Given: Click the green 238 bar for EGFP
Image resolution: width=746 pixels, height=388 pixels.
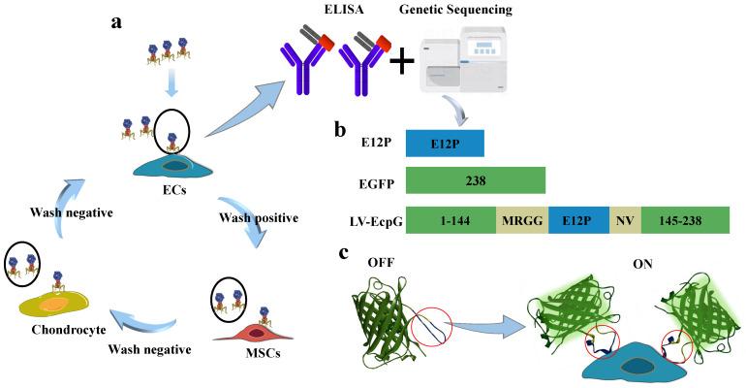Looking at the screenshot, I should pyautogui.click(x=475, y=180).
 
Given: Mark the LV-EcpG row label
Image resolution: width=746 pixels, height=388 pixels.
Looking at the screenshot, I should pyautogui.click(x=370, y=221).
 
